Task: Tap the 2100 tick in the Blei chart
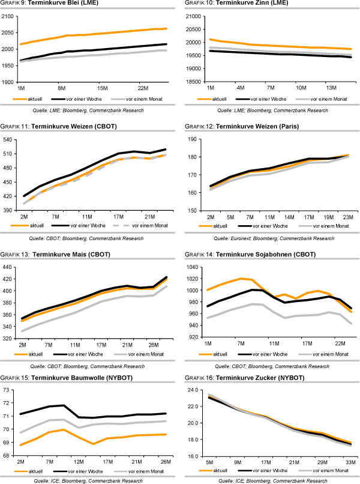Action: tap(9, 16)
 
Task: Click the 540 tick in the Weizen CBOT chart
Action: tap(10, 140)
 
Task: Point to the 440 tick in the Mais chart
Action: tap(10, 267)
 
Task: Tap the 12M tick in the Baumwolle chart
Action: tap(77, 461)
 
